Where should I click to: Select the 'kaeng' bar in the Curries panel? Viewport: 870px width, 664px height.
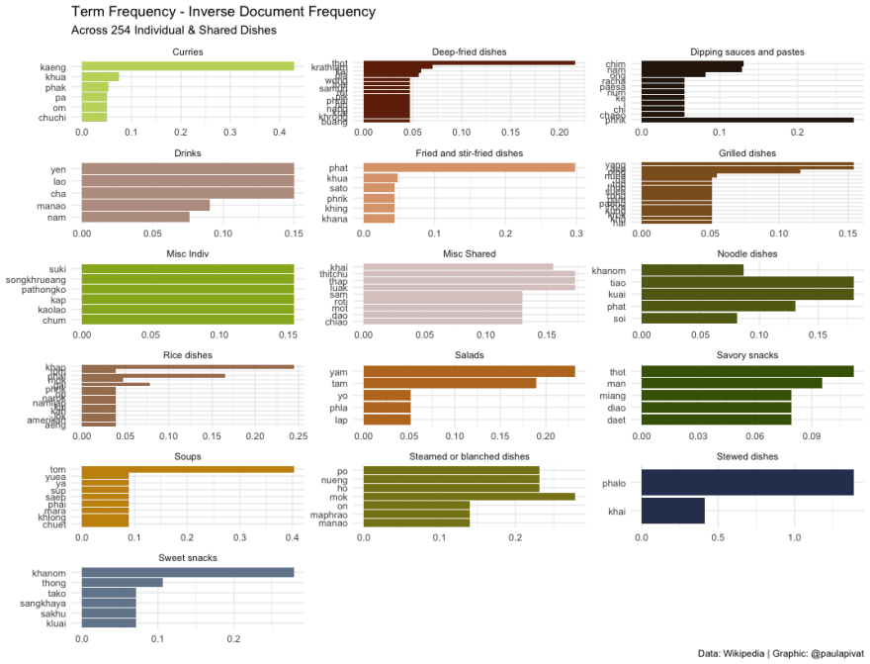point(188,66)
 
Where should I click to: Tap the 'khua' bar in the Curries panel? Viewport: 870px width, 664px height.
point(100,76)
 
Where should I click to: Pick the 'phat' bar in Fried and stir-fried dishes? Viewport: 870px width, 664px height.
point(469,168)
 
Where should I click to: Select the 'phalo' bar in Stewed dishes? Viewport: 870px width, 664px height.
point(746,482)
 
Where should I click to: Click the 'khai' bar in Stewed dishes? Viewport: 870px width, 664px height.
point(672,511)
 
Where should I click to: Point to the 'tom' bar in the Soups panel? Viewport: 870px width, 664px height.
point(188,470)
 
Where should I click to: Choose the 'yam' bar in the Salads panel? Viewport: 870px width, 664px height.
point(469,371)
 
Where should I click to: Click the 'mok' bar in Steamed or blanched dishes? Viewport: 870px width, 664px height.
point(469,497)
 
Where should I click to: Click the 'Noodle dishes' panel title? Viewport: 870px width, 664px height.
point(746,254)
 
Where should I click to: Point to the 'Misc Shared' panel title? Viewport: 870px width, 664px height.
point(469,254)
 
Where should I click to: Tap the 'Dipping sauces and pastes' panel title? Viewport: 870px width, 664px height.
point(746,51)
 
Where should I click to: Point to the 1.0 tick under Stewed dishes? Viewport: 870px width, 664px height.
point(794,536)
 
